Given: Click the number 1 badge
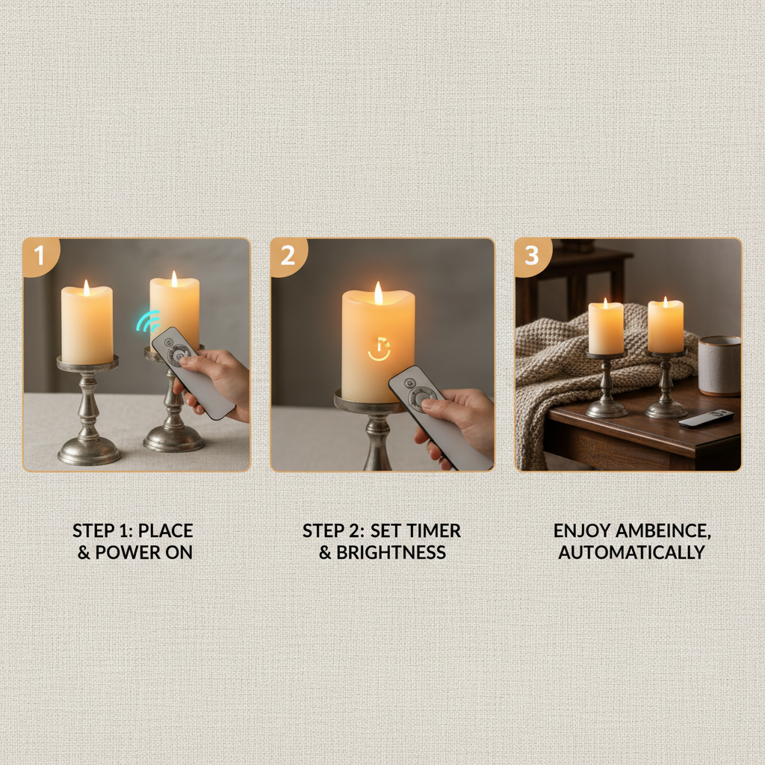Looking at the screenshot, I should tap(39, 256).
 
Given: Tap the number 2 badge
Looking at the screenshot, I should tap(288, 256).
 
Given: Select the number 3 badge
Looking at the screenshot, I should tap(532, 256).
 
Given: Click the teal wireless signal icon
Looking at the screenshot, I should tap(148, 320).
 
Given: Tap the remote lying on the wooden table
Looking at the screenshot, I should tap(706, 418).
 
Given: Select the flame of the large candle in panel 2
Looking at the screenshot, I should tap(378, 293).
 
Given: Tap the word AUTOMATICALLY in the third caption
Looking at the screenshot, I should tap(631, 553).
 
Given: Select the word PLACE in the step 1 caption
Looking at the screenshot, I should tap(166, 531).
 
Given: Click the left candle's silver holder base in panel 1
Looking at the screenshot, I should tap(89, 450).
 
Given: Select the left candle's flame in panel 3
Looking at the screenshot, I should tap(605, 302).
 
